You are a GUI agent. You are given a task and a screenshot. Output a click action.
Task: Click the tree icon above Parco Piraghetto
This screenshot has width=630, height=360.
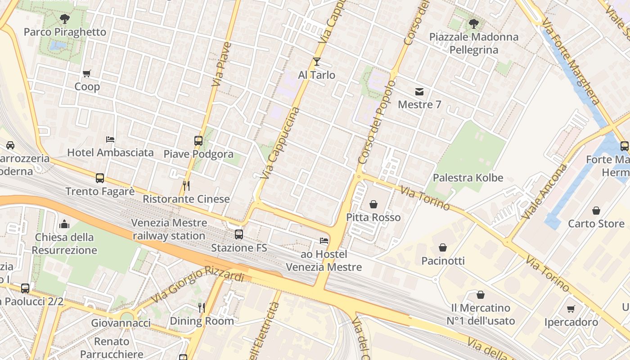(x=64, y=18)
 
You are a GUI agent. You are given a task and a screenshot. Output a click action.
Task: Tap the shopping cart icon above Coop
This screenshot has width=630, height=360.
(x=87, y=73)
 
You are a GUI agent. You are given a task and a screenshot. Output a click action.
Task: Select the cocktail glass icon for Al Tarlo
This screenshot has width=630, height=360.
(x=317, y=62)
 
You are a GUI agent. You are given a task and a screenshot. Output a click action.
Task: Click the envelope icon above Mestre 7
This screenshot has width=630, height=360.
(x=419, y=92)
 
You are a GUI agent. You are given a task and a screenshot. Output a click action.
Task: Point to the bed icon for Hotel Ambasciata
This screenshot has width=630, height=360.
(x=110, y=139)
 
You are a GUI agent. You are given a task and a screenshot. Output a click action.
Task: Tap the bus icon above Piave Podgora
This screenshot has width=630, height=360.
(x=198, y=141)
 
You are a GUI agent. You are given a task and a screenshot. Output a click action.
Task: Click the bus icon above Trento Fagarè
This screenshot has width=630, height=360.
(x=100, y=178)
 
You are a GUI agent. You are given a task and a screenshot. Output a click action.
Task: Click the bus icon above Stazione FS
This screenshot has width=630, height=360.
(x=239, y=234)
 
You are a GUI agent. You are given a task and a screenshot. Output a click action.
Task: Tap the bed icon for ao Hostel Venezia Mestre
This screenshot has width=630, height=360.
(x=324, y=241)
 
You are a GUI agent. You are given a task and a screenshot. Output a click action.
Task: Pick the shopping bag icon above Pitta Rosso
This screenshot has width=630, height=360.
(x=373, y=204)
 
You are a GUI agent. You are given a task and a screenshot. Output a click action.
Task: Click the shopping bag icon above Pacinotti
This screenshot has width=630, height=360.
(x=443, y=247)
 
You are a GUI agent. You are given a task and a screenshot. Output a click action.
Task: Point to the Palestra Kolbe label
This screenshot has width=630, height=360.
(x=468, y=178)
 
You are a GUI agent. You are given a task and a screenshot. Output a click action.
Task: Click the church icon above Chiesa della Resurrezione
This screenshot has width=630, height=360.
(x=64, y=224)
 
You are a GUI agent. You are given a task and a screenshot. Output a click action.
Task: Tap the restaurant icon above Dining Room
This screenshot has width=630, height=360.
(x=202, y=308)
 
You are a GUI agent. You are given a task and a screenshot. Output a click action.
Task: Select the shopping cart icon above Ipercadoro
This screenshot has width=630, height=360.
(x=571, y=309)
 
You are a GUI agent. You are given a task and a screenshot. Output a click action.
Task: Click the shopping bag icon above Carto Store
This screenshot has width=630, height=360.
(x=596, y=210)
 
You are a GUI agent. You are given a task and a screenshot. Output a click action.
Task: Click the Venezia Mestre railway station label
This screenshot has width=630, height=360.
(x=169, y=229)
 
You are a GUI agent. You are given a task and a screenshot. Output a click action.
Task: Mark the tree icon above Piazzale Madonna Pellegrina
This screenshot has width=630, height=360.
(x=473, y=23)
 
